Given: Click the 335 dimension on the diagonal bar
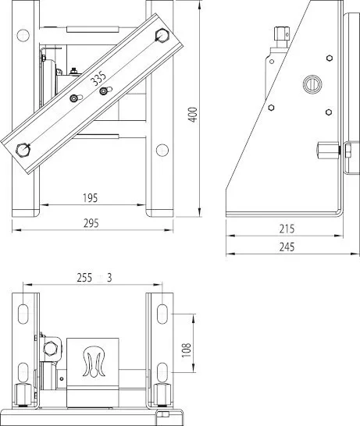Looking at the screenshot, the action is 98,78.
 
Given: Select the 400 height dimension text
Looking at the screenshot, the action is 193,115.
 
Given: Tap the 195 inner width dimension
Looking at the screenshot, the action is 91,198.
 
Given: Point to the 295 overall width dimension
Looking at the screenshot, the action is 91,223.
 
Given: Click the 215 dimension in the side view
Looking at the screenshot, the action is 287,229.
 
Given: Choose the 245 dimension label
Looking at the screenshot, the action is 287,247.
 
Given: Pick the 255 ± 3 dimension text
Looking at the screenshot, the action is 94,278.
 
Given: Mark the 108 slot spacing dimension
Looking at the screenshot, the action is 187,350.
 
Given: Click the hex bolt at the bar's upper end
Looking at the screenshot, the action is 162,35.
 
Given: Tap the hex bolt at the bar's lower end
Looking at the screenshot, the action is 23,150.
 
